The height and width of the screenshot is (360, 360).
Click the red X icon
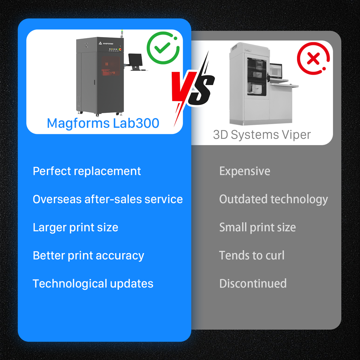pyautogui.click(x=313, y=59)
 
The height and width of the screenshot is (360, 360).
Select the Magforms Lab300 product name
pyautogui.click(x=103, y=123)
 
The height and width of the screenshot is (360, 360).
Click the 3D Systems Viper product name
pyautogui.click(x=262, y=135)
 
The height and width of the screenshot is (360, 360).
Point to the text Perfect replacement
pyautogui.click(x=87, y=171)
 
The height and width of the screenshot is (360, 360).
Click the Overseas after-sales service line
pyautogui.click(x=108, y=199)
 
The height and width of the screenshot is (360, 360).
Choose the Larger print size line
pyautogui.click(x=75, y=227)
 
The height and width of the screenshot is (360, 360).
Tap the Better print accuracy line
pyautogui.click(x=88, y=255)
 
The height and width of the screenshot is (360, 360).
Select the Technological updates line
pyautogui.click(x=93, y=283)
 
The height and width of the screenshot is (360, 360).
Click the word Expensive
pyautogui.click(x=244, y=171)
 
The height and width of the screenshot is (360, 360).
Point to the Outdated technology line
pyautogui.click(x=273, y=199)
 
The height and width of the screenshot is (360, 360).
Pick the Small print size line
pyautogui.click(x=257, y=227)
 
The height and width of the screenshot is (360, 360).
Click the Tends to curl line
pyautogui.click(x=252, y=255)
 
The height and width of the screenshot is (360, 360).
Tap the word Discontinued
pyautogui.click(x=253, y=283)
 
